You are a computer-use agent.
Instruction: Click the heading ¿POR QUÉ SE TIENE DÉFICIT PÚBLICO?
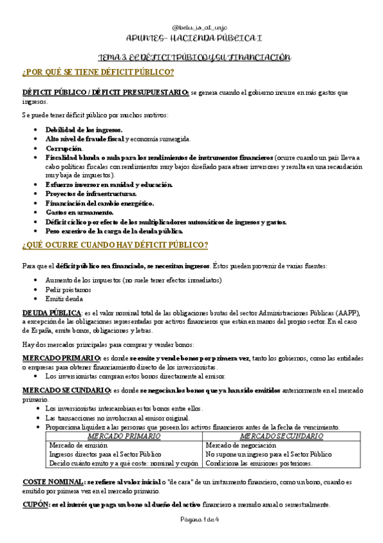(98, 71)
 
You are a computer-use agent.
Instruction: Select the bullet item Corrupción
(64, 148)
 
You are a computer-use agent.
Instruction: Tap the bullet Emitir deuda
(65, 298)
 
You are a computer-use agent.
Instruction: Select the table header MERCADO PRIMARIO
(125, 436)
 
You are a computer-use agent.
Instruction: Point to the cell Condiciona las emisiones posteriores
(259, 463)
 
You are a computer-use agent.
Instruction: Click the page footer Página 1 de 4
(191, 519)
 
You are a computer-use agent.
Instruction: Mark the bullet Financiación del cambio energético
(99, 203)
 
